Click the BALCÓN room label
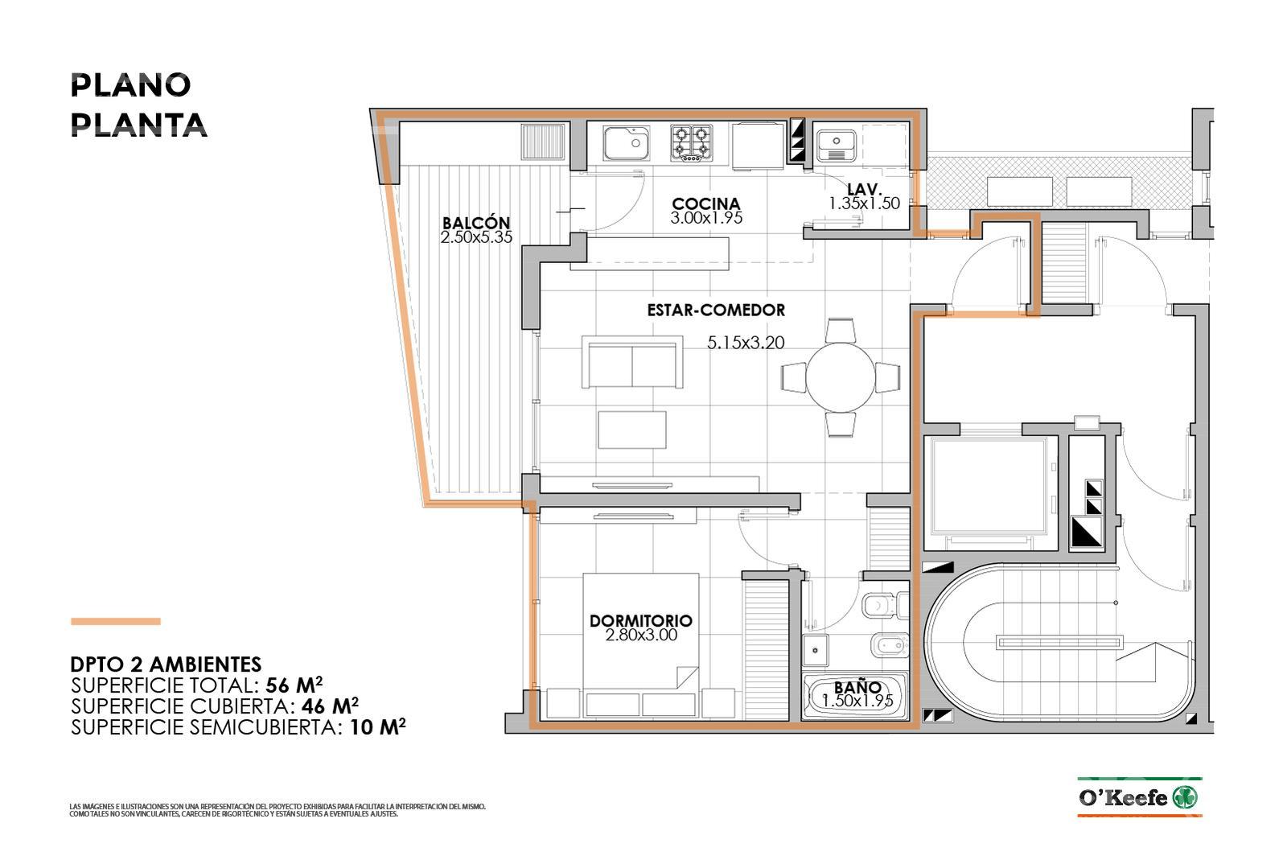click(x=475, y=222)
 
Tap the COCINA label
click(x=705, y=204)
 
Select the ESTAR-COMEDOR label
click(x=716, y=311)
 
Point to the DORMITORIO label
click(x=640, y=620)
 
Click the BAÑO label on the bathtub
click(x=857, y=687)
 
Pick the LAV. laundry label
click(x=864, y=189)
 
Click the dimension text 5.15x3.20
click(x=745, y=343)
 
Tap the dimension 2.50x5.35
click(x=476, y=237)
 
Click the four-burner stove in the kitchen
click(x=691, y=142)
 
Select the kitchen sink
click(x=627, y=144)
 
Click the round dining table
click(x=840, y=377)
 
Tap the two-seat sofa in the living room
click(x=632, y=363)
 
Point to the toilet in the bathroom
click(x=885, y=606)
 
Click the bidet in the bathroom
click(x=890, y=646)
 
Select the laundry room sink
click(x=837, y=146)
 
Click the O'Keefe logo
click(x=1139, y=797)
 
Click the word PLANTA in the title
click(x=138, y=125)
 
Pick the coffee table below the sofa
click(x=632, y=430)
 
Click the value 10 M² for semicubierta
click(x=378, y=727)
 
